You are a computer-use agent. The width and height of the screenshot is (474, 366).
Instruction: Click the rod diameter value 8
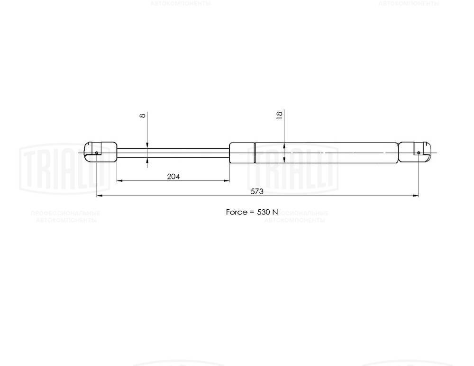point(143,116)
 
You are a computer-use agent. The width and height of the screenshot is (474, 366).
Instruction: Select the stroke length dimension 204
point(173,176)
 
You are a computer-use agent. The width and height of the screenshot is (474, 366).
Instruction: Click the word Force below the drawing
point(237,212)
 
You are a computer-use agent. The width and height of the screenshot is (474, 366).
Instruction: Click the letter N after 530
point(275,212)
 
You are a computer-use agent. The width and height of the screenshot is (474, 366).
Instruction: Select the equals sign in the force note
point(252,212)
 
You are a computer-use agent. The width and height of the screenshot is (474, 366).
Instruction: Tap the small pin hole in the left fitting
point(96,152)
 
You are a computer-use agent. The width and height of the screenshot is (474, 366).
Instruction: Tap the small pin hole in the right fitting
point(419,152)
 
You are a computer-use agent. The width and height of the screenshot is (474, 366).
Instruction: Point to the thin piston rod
point(173,152)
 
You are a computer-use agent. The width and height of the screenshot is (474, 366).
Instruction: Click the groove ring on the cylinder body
point(255,152)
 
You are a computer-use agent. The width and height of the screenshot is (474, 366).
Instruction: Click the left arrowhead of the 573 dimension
point(99,196)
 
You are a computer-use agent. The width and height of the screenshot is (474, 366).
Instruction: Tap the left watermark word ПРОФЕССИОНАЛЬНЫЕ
point(65,214)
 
